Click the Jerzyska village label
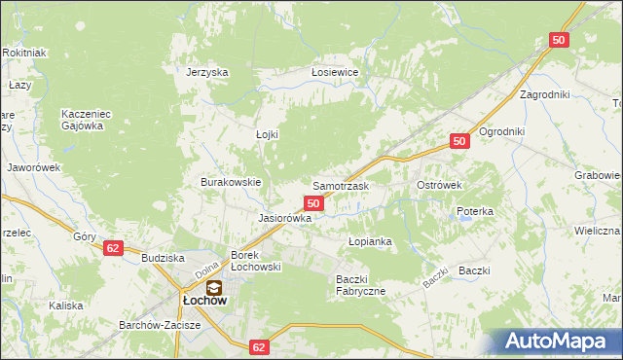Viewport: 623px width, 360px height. [x=206, y=72]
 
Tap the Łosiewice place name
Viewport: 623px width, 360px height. [x=335, y=72]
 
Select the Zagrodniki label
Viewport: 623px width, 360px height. [x=544, y=94]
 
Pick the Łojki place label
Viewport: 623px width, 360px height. [x=266, y=135]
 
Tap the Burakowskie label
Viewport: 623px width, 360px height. [x=231, y=182]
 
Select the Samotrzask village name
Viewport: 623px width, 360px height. [x=339, y=185]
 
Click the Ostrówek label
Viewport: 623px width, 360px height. [x=438, y=185]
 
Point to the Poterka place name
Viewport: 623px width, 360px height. [x=475, y=211]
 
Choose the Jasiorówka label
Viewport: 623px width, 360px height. [x=284, y=219]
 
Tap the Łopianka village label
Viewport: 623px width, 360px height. [x=370, y=240]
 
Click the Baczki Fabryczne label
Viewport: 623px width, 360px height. [x=361, y=285]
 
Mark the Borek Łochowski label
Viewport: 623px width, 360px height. [x=256, y=261]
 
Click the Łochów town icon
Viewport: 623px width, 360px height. [x=214, y=287]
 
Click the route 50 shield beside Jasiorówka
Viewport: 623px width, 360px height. [x=313, y=202]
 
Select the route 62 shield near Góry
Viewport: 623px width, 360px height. [x=113, y=248]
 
